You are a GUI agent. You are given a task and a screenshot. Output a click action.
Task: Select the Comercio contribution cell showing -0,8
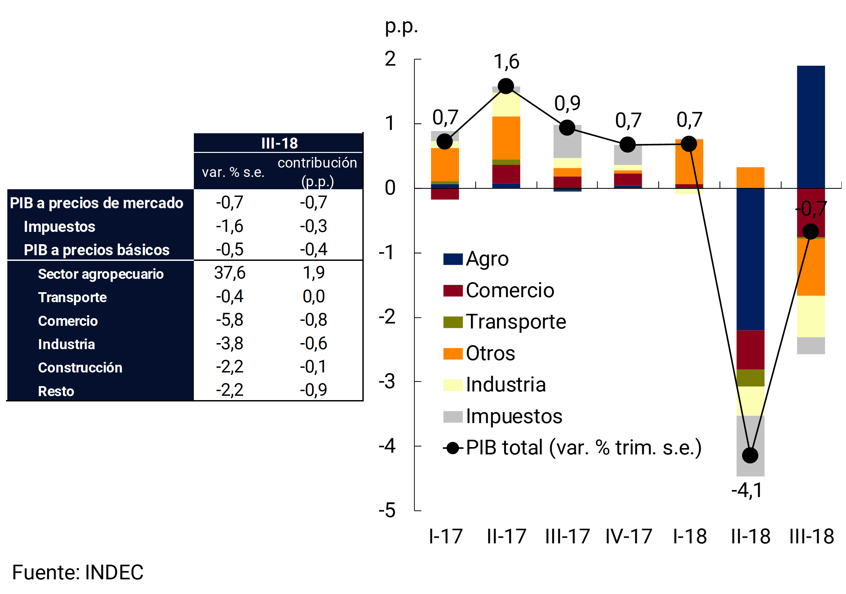tap(313, 320)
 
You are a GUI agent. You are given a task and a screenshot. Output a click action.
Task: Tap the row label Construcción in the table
tap(80, 368)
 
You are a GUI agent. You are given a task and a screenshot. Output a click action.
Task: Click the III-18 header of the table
tap(279, 143)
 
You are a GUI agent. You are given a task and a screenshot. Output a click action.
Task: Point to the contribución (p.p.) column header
tap(317, 172)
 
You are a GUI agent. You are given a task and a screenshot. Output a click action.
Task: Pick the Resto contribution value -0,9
tap(313, 390)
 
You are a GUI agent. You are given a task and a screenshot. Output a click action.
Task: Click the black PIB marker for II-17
tap(506, 86)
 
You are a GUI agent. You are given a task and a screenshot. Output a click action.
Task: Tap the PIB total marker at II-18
tap(750, 455)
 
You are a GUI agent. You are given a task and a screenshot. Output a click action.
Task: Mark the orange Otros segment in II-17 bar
tap(506, 138)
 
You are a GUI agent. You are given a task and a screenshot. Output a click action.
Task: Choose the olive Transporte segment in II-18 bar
tap(750, 378)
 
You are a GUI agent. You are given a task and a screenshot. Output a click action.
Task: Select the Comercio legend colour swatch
tap(453, 291)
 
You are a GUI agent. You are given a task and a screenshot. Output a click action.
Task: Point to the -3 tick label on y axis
tap(387, 382)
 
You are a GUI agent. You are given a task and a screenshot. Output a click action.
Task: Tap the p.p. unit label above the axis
tap(401, 27)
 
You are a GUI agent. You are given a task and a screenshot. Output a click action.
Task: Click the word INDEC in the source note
tap(114, 572)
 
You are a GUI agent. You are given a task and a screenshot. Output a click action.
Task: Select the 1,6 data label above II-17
tap(506, 62)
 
